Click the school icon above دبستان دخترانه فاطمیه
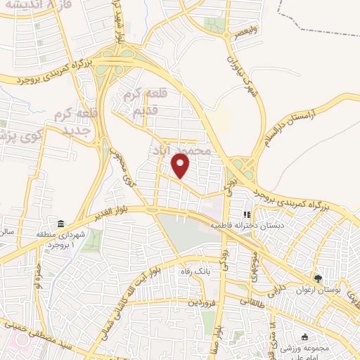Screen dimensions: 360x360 pyautogui.click(x=246, y=214)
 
